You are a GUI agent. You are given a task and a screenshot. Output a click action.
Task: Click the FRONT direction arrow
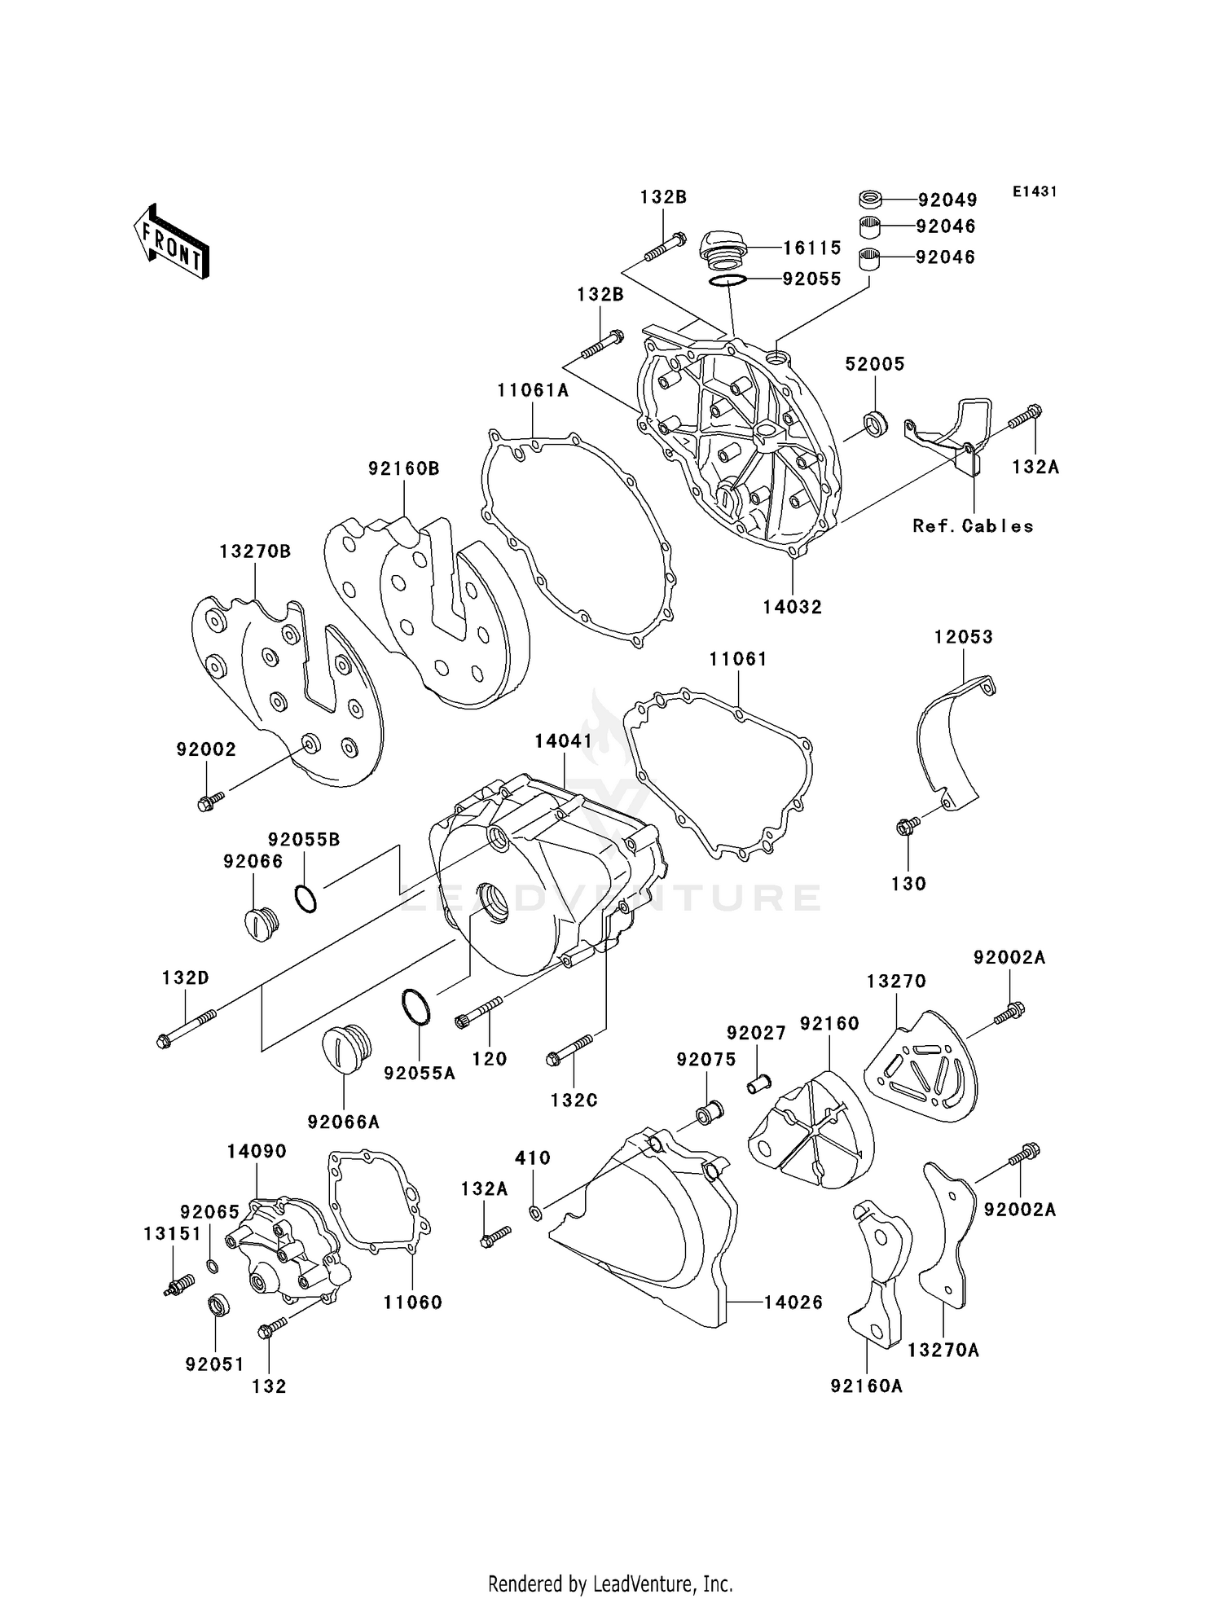[172, 242]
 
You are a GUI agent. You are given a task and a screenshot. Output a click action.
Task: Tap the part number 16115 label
[812, 248]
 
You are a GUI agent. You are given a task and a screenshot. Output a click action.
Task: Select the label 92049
[947, 200]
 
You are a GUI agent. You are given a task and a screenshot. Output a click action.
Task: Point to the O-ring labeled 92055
[727, 280]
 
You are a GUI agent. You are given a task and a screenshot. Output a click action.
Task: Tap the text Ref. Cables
[973, 526]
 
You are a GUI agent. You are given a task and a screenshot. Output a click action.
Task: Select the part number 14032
[793, 607]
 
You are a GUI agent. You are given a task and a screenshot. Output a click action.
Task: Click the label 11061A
[533, 391]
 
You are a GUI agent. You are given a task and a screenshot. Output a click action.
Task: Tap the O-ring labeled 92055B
[306, 898]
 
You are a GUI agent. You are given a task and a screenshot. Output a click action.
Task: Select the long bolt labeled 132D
[187, 1028]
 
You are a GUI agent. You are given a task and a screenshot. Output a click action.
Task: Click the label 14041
[564, 741]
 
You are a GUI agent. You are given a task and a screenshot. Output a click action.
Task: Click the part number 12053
[964, 637]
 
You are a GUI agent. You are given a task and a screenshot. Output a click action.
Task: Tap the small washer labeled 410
[535, 1215]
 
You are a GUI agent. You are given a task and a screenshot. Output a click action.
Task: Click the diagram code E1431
[1035, 191]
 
